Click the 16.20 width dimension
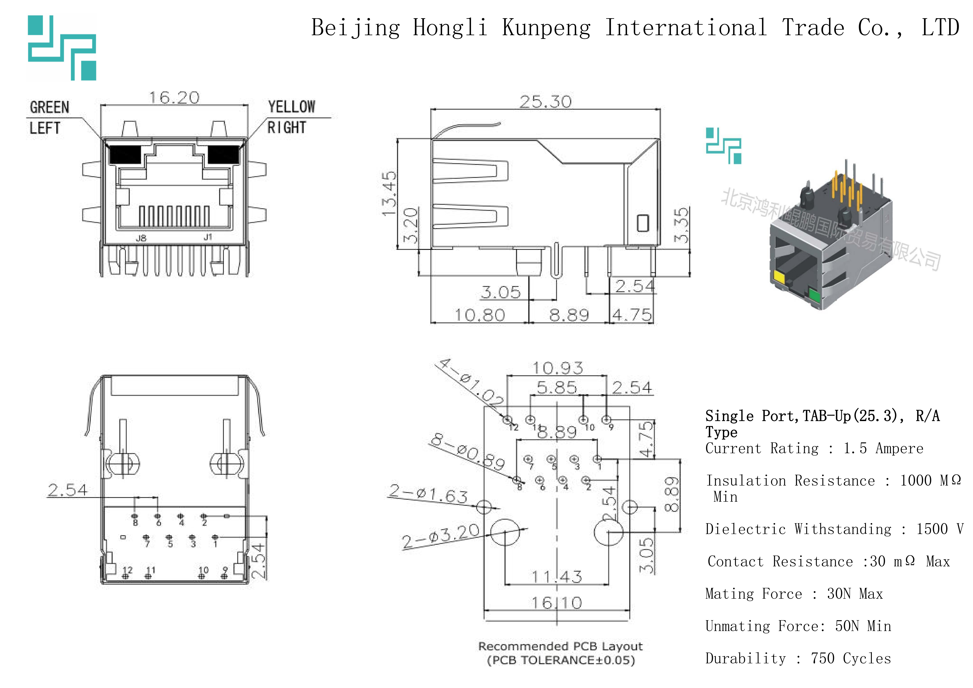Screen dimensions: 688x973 click(174, 98)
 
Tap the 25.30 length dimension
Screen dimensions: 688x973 click(545, 102)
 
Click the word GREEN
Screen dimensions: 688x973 click(50, 107)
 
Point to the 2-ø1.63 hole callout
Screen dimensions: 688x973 click(428, 494)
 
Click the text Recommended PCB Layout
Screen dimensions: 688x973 click(560, 646)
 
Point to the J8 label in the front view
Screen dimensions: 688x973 click(141, 238)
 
